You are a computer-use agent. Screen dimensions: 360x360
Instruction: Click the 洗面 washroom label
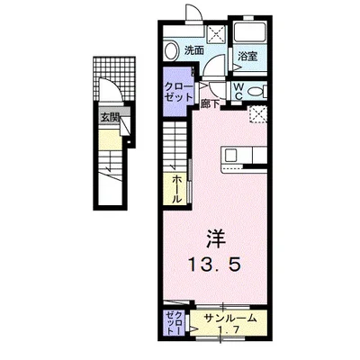tap(193, 50)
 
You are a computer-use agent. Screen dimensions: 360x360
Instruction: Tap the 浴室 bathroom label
tap(247, 57)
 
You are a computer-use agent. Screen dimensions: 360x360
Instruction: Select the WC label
tap(238, 91)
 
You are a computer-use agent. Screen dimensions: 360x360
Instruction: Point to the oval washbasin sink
tap(171, 50)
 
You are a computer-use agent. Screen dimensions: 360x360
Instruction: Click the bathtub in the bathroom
tap(249, 32)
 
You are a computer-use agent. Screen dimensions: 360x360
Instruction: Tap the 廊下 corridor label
tap(210, 103)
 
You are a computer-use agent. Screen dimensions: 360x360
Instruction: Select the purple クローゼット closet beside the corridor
tap(177, 92)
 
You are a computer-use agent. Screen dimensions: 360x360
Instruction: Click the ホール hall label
tap(177, 190)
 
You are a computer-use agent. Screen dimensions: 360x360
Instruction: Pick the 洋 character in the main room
tap(216, 239)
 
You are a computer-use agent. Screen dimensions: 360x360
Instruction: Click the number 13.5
tap(214, 265)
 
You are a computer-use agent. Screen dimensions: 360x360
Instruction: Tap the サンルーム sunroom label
tap(230, 319)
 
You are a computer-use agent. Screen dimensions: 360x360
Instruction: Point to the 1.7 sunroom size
tap(229, 330)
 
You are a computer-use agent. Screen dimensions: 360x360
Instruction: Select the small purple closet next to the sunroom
tap(174, 323)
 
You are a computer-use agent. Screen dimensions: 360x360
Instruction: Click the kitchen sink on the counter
tap(231, 155)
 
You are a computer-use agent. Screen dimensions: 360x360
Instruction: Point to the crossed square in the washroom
tap(217, 32)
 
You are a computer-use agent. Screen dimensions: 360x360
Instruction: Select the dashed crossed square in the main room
tap(258, 114)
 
